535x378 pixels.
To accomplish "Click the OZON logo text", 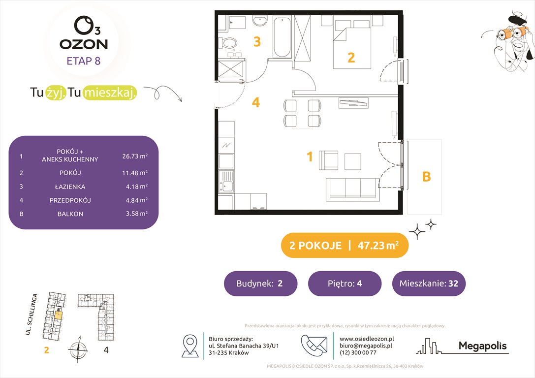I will pyautogui.click(x=84, y=44).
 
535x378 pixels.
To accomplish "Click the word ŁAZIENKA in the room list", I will pyautogui.click(x=70, y=187).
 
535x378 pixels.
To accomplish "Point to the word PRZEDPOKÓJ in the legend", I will pyautogui.click(x=70, y=200).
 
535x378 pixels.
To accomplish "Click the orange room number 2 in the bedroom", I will pyautogui.click(x=351, y=58).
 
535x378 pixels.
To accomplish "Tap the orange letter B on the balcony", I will pyautogui.click(x=426, y=177).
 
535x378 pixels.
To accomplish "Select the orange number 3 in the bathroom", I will pyautogui.click(x=256, y=42).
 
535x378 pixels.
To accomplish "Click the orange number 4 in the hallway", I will pyautogui.click(x=255, y=102).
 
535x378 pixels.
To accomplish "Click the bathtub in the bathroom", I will pyautogui.click(x=282, y=37).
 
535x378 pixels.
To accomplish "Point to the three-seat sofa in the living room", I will pyautogui.click(x=353, y=188).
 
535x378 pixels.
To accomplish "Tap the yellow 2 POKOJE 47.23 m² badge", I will pyautogui.click(x=344, y=246).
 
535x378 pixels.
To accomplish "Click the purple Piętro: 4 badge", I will pyautogui.click(x=344, y=283).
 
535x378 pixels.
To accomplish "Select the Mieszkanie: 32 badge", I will pyautogui.click(x=428, y=283).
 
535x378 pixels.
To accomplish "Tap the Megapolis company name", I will pyautogui.click(x=482, y=346).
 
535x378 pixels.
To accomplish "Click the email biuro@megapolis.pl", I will pyautogui.click(x=366, y=346).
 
